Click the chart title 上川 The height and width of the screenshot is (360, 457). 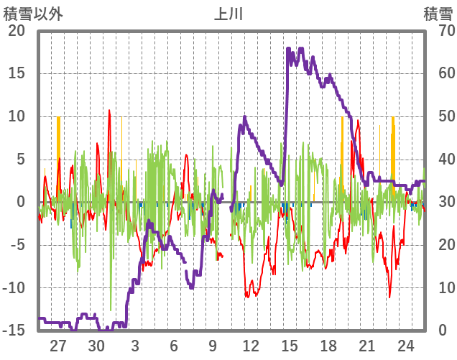[228, 14]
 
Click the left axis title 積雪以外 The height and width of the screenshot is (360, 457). [28, 14]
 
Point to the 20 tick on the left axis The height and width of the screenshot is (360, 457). [17, 31]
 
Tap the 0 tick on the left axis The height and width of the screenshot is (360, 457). [21, 202]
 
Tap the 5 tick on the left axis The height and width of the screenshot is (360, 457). [21, 160]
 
